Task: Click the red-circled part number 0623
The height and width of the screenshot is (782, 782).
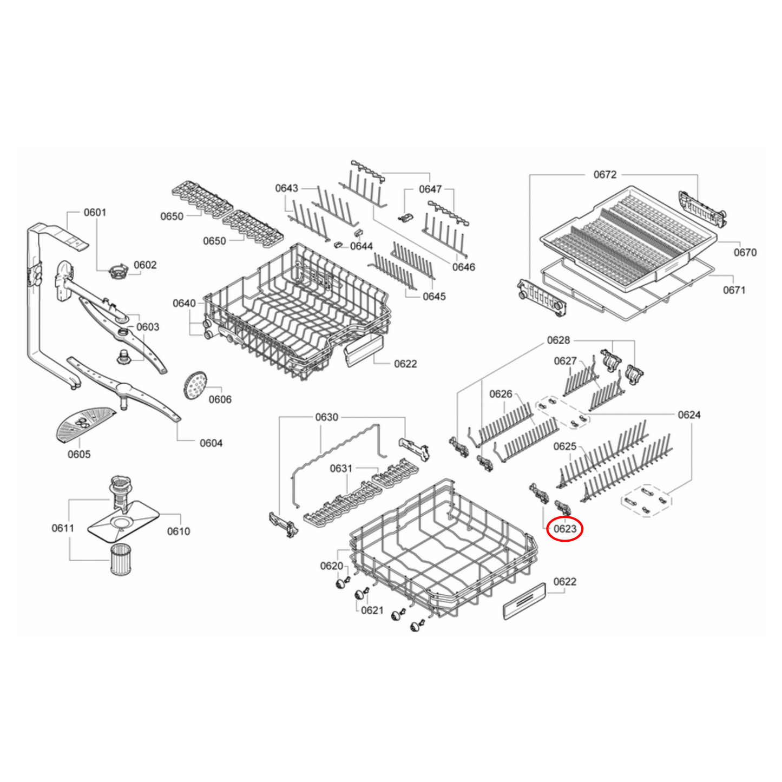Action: (x=564, y=529)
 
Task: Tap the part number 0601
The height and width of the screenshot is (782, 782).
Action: (x=95, y=212)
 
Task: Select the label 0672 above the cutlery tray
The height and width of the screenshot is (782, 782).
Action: (x=604, y=174)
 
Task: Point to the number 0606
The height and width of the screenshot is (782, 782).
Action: (x=220, y=399)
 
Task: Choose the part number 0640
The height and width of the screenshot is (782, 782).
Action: (x=184, y=303)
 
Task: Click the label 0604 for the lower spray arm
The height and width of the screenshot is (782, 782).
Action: (x=211, y=443)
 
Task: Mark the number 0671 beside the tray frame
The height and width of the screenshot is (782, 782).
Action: (x=734, y=290)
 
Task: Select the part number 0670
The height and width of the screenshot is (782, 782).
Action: (x=745, y=252)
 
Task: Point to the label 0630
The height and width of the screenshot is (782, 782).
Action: (x=326, y=417)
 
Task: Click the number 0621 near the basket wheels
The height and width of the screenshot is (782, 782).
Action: (x=372, y=610)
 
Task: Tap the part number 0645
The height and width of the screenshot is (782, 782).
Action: (x=434, y=297)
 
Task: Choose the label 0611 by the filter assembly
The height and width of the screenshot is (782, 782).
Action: (x=63, y=528)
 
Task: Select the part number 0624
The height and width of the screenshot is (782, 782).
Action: (x=689, y=415)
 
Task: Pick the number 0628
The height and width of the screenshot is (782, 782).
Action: (x=558, y=340)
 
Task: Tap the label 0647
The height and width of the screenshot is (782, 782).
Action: (x=430, y=189)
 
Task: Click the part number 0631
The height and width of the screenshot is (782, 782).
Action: (x=341, y=468)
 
